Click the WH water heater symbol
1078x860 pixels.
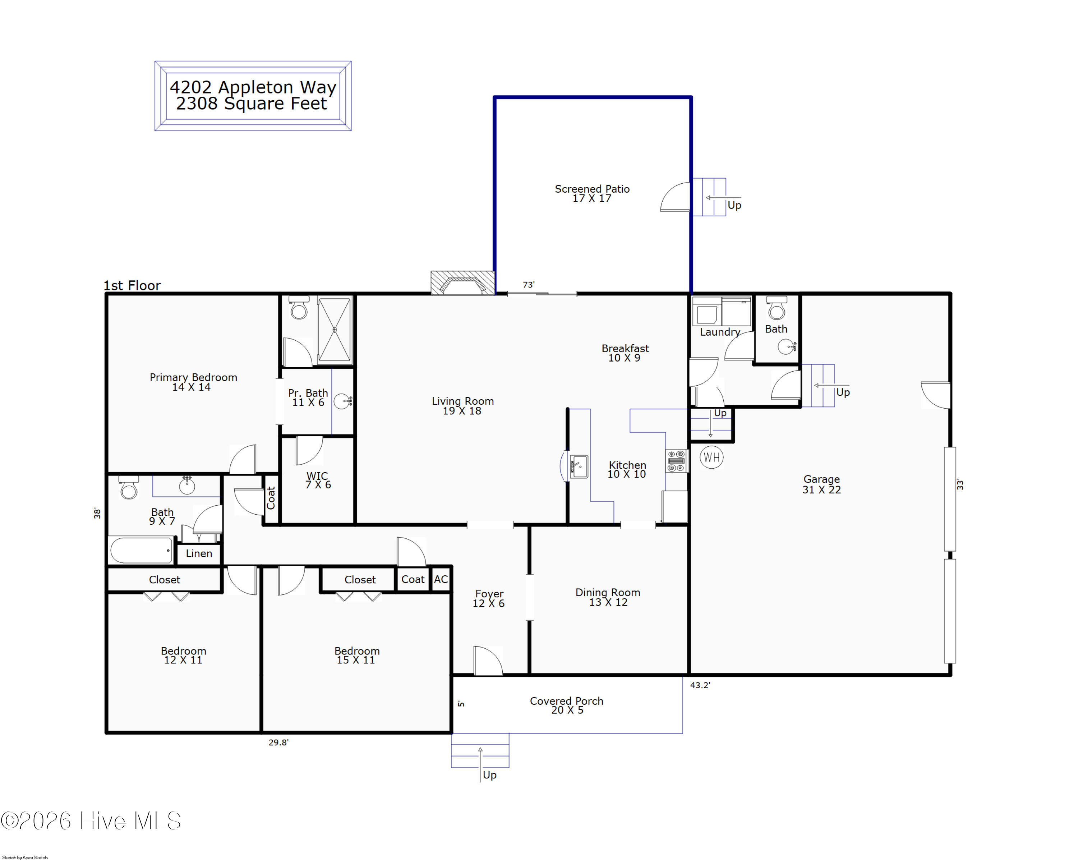[x=711, y=457]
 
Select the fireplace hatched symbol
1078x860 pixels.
[x=462, y=283]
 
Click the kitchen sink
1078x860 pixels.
[x=579, y=466]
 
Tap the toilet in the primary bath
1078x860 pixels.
[x=299, y=308]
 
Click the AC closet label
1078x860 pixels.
[x=441, y=579]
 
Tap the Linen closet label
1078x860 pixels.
[x=199, y=553]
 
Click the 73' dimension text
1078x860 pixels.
[x=529, y=285]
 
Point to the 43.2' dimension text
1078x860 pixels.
[x=700, y=685]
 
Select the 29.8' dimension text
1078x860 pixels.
[x=278, y=742]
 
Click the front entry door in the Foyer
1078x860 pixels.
[x=488, y=661]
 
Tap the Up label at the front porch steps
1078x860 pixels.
[x=489, y=775]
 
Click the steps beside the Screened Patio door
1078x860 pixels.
[x=709, y=197]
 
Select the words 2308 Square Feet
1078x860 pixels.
[x=252, y=104]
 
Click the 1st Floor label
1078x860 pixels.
[x=132, y=285]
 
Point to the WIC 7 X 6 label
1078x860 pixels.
[x=318, y=480]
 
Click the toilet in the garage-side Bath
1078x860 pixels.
[x=777, y=309]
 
